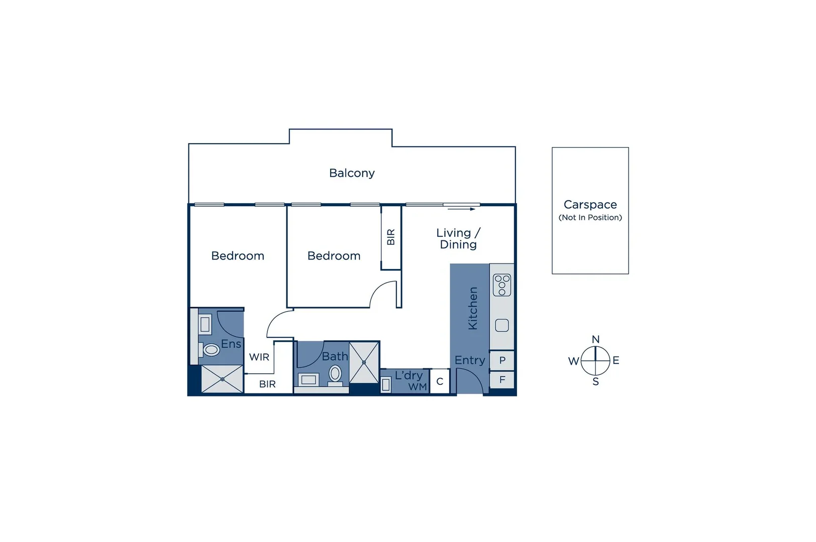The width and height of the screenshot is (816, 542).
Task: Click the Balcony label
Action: point(352,173)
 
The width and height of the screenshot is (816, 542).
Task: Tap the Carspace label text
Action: point(590,205)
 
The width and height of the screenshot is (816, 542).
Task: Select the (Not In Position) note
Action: point(590,217)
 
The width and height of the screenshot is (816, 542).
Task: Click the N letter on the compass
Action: point(595,340)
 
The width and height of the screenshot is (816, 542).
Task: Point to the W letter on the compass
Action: point(573,361)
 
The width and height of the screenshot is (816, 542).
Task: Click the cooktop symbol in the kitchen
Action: point(501,285)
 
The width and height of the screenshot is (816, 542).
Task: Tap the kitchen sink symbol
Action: point(501,326)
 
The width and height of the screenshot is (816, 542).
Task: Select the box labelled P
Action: point(502,360)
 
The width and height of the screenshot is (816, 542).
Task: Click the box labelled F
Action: point(502,380)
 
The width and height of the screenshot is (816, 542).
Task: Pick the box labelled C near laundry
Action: point(440,381)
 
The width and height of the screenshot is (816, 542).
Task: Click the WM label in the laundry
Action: point(418,386)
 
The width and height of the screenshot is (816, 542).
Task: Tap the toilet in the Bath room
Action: point(335,374)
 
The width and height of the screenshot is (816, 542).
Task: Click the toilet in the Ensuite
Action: point(211,349)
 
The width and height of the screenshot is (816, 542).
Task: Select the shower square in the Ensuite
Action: point(222,379)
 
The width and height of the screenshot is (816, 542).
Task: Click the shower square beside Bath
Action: point(364,362)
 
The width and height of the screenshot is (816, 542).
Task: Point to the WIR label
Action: point(259,357)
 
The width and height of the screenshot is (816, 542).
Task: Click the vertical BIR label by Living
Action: point(391,237)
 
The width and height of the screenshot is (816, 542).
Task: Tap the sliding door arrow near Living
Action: point(461,209)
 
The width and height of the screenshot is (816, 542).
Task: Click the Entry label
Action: point(470,360)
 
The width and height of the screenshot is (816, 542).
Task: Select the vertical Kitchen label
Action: point(473,308)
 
